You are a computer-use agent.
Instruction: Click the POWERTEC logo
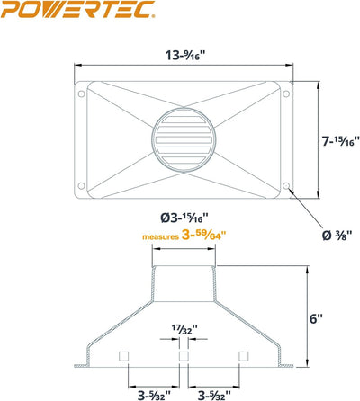78,9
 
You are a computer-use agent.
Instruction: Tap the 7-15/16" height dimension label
341,141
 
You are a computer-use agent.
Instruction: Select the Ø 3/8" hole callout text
337,236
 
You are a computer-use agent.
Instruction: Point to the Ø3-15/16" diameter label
184,218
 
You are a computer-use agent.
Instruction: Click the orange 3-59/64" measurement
203,236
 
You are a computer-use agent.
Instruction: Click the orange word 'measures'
160,237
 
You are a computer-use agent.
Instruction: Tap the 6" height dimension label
316,318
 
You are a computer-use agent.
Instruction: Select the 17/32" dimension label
184,328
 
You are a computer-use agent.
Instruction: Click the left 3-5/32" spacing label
154,395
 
